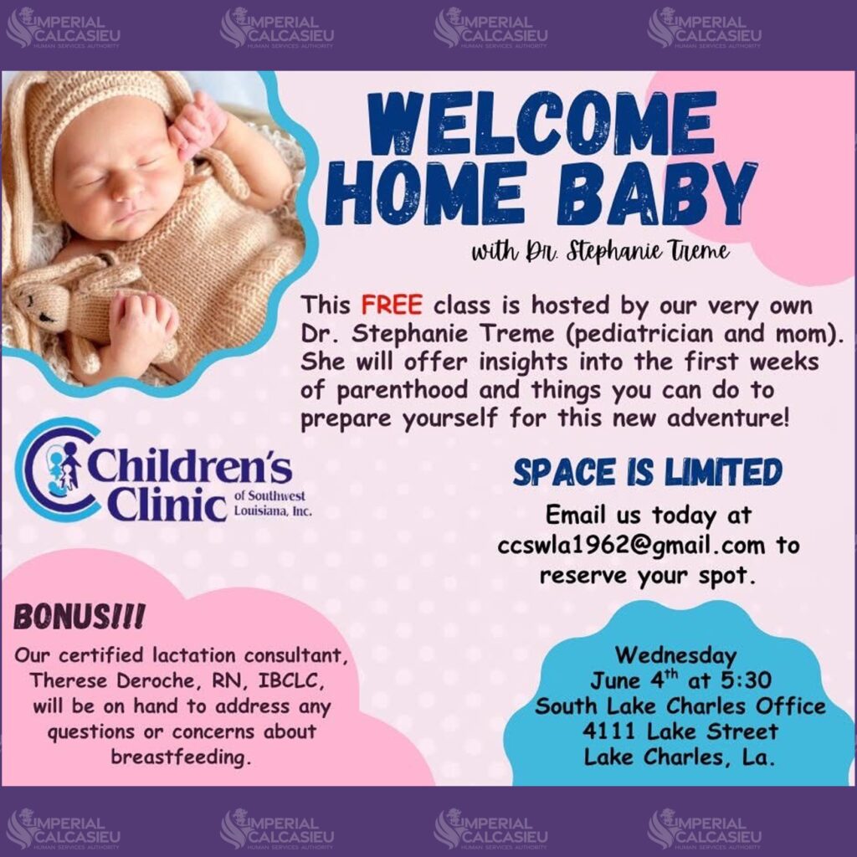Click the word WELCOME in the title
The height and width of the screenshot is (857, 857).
pos(541,124)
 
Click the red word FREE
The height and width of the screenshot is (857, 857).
pos(392,305)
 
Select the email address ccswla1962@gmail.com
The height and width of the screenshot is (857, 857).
pos(631,546)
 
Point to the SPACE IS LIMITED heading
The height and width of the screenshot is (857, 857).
pos(648,472)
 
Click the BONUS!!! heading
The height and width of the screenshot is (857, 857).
pos(80,617)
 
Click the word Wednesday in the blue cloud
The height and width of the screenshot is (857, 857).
pos(676,654)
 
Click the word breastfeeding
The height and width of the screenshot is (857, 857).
pos(181,757)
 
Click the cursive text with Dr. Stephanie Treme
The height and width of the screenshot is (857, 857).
pos(600,251)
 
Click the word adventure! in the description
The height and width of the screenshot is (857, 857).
pos(728,418)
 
